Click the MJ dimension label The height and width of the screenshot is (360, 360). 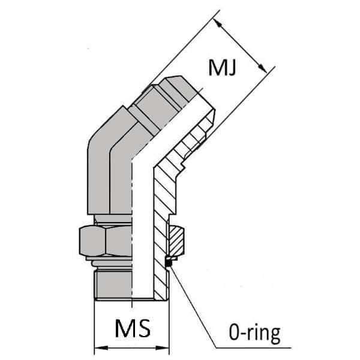221,67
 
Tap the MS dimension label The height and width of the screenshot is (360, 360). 131,329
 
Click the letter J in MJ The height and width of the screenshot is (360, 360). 230,67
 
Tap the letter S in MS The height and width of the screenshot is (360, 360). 142,329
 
